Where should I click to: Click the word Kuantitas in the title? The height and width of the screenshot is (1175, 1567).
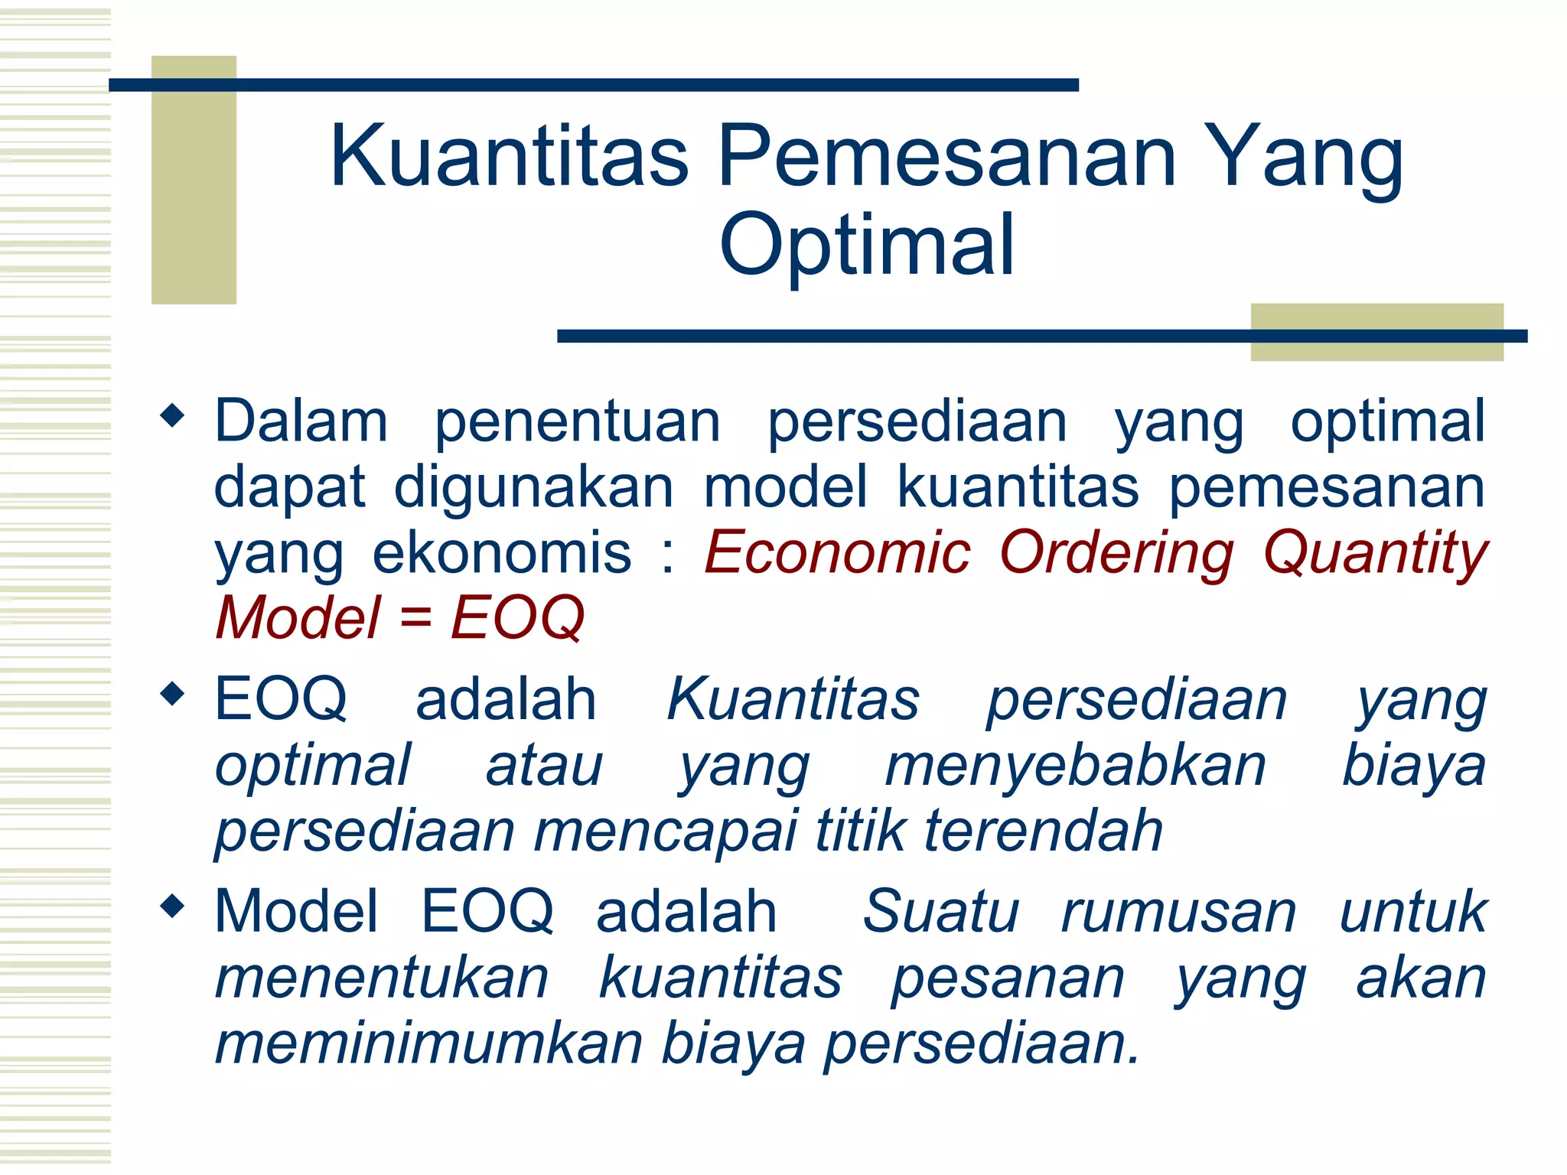point(509,157)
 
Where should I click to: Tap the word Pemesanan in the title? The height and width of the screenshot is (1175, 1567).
point(947,157)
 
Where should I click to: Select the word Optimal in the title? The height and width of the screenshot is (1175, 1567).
point(867,245)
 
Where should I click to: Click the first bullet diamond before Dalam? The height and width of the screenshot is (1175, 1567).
point(173,416)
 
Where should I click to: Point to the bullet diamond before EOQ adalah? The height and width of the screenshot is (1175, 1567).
point(173,695)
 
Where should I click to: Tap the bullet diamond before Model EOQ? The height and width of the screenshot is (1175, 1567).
point(173,906)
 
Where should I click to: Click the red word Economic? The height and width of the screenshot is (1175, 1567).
point(837,552)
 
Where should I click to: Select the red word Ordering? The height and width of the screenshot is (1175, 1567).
point(1116,552)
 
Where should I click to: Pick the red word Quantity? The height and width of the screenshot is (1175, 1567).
point(1374,552)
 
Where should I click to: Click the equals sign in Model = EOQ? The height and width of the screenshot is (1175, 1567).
point(415,618)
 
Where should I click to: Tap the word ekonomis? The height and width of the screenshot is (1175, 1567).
point(502,552)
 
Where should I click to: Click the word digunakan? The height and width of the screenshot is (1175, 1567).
point(533,487)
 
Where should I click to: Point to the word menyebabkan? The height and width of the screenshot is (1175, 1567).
point(1075,766)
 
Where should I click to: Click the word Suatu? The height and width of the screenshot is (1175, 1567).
point(940,912)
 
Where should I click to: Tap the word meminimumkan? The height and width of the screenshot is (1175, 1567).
point(428,1043)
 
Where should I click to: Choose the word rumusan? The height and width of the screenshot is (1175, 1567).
point(1178,912)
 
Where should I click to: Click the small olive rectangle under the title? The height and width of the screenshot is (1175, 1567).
point(1376,348)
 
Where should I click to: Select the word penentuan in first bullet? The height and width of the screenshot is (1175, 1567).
point(578,422)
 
